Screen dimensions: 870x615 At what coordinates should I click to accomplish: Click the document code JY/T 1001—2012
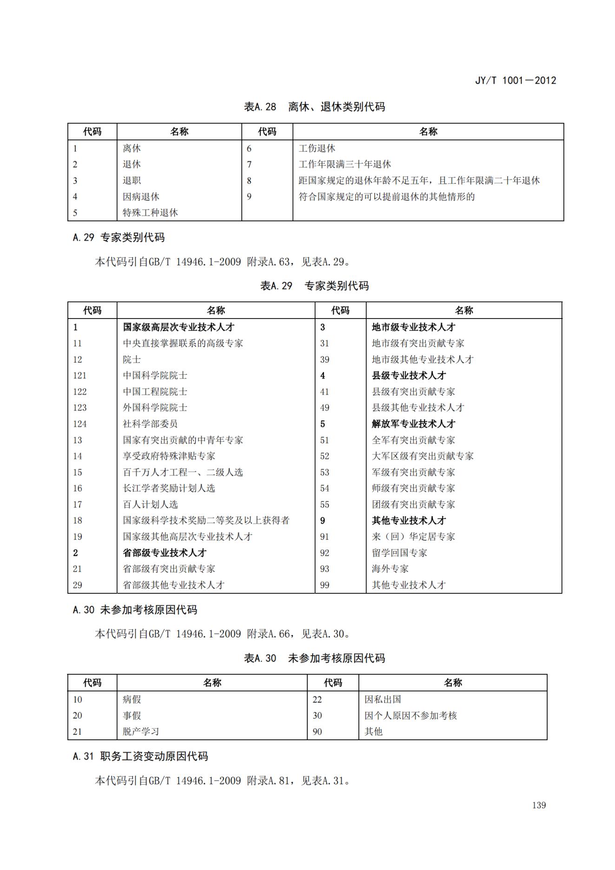pyautogui.click(x=515, y=80)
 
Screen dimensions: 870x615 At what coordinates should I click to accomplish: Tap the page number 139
pyautogui.click(x=539, y=805)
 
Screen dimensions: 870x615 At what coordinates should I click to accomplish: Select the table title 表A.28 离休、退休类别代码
pyautogui.click(x=314, y=107)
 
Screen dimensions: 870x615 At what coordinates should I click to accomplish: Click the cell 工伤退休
pyautogui.click(x=317, y=148)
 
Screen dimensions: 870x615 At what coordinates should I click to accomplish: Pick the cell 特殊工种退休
pyautogui.click(x=150, y=213)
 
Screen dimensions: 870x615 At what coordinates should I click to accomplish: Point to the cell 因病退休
pyautogui.click(x=141, y=197)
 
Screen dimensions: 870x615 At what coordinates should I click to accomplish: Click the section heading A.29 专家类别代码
pyautogui.click(x=119, y=238)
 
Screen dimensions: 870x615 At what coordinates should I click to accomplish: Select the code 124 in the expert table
pyautogui.click(x=80, y=424)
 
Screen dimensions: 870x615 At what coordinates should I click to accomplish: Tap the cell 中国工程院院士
pyautogui.click(x=155, y=392)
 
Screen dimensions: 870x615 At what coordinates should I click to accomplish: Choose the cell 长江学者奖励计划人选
pyautogui.click(x=169, y=488)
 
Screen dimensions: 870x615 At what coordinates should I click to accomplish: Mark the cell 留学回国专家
pyautogui.click(x=399, y=553)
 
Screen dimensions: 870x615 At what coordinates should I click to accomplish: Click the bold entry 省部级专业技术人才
pyautogui.click(x=164, y=553)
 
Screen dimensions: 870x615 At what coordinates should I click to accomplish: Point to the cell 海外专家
pyautogui.click(x=390, y=569)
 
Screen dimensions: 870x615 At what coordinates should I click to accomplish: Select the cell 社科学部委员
pyautogui.click(x=150, y=424)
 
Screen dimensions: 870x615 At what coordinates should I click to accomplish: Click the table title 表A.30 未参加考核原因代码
pyautogui.click(x=314, y=658)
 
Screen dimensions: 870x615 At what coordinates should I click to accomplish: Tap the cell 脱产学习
pyautogui.click(x=141, y=731)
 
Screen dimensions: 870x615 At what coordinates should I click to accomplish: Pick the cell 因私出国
pyautogui.click(x=383, y=699)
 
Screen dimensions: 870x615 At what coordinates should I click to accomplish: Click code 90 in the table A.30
pyautogui.click(x=317, y=731)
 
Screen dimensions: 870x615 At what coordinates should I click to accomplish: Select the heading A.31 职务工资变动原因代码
pyautogui.click(x=140, y=757)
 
